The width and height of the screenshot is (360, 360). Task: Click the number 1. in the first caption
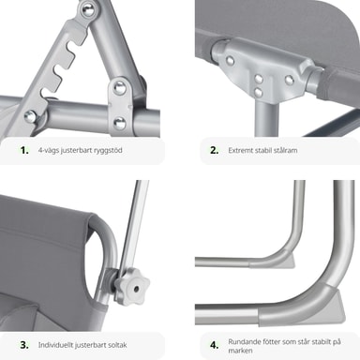(24, 150)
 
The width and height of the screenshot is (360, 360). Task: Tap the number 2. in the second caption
(215, 150)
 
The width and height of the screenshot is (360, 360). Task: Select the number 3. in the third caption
(24, 345)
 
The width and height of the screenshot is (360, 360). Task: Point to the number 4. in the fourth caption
(215, 345)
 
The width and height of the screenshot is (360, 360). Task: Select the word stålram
(286, 150)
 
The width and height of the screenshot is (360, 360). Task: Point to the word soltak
(117, 345)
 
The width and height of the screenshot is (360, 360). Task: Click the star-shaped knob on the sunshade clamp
(132, 286)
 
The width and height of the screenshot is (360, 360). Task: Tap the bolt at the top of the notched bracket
(88, 9)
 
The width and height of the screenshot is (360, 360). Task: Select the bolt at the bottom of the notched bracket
(31, 116)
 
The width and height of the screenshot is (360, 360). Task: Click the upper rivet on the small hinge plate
(119, 88)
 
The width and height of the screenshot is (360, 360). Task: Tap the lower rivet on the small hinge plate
(119, 123)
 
